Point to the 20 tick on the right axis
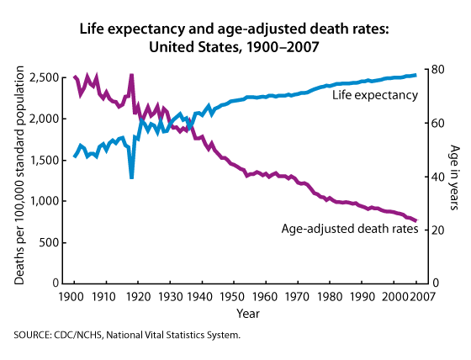[439, 230]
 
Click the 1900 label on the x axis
[71, 297]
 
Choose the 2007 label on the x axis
[422, 297]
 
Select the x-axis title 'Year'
[248, 314]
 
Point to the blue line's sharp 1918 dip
[131, 177]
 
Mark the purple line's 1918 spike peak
[131, 75]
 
